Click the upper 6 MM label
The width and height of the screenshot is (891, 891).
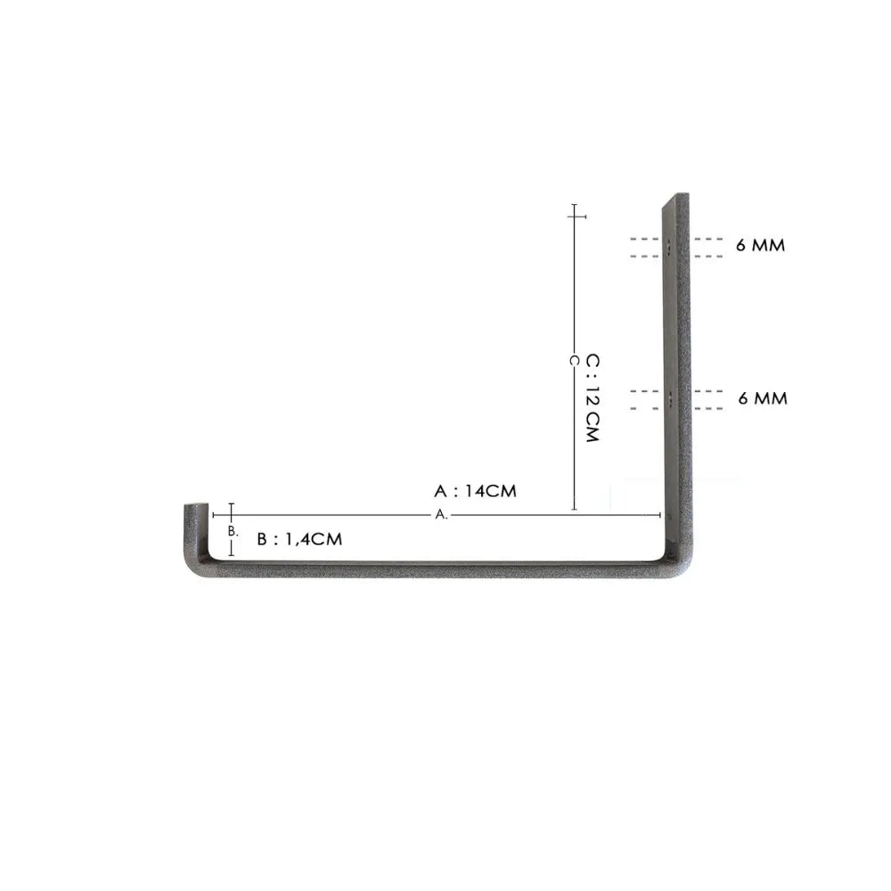pyautogui.click(x=760, y=245)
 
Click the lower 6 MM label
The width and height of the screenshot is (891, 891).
pyautogui.click(x=763, y=398)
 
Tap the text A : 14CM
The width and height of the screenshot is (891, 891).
pyautogui.click(x=475, y=491)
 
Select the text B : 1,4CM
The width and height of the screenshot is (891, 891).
pyautogui.click(x=299, y=539)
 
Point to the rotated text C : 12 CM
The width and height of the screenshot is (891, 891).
pyautogui.click(x=593, y=398)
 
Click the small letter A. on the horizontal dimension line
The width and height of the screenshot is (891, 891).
pyautogui.click(x=442, y=515)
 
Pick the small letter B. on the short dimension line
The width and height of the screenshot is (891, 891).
pyautogui.click(x=233, y=531)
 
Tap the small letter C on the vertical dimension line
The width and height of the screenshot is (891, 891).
pyautogui.click(x=574, y=361)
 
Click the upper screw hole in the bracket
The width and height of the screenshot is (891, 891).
pyautogui.click(x=669, y=248)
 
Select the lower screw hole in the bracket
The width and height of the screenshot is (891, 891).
pyautogui.click(x=671, y=401)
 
